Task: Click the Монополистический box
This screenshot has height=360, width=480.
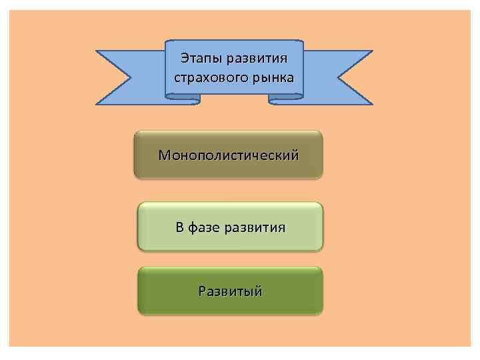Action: click(x=229, y=155)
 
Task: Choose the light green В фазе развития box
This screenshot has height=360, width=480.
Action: click(x=230, y=227)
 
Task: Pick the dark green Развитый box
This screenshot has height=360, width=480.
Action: click(x=230, y=291)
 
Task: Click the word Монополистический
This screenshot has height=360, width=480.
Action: click(x=229, y=155)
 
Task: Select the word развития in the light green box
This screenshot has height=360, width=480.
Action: click(x=255, y=228)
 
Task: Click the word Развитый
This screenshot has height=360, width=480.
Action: click(x=230, y=291)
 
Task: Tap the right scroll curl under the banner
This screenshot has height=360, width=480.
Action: click(x=285, y=99)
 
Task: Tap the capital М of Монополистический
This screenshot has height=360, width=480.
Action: click(x=164, y=155)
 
